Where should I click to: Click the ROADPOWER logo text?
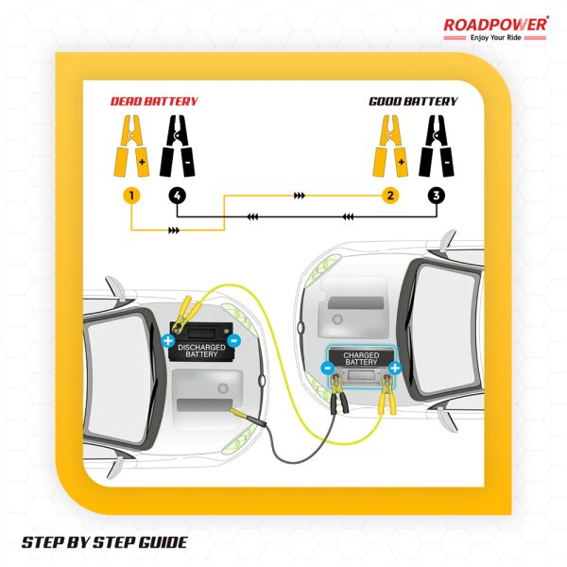(495, 25)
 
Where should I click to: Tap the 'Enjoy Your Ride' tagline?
(495, 38)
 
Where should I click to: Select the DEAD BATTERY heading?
(154, 101)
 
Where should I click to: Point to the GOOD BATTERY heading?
(413, 101)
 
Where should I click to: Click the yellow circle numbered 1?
(131, 196)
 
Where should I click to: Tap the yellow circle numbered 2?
(390, 196)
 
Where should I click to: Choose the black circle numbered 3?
(437, 196)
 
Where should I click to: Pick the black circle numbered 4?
(178, 196)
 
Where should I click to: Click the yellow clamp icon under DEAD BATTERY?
(131, 146)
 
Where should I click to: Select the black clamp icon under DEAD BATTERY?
(178, 146)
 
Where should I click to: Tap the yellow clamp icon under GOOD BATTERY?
(390, 146)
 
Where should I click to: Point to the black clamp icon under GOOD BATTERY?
(437, 146)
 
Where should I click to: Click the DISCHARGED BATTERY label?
(201, 351)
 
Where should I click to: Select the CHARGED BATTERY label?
(361, 359)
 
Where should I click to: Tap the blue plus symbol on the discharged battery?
(168, 340)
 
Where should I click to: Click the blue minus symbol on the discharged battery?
(234, 340)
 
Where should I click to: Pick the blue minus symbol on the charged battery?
(328, 369)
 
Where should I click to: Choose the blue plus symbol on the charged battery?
(394, 369)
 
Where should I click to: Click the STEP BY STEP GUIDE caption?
(105, 542)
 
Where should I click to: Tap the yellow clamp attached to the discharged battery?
(185, 315)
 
